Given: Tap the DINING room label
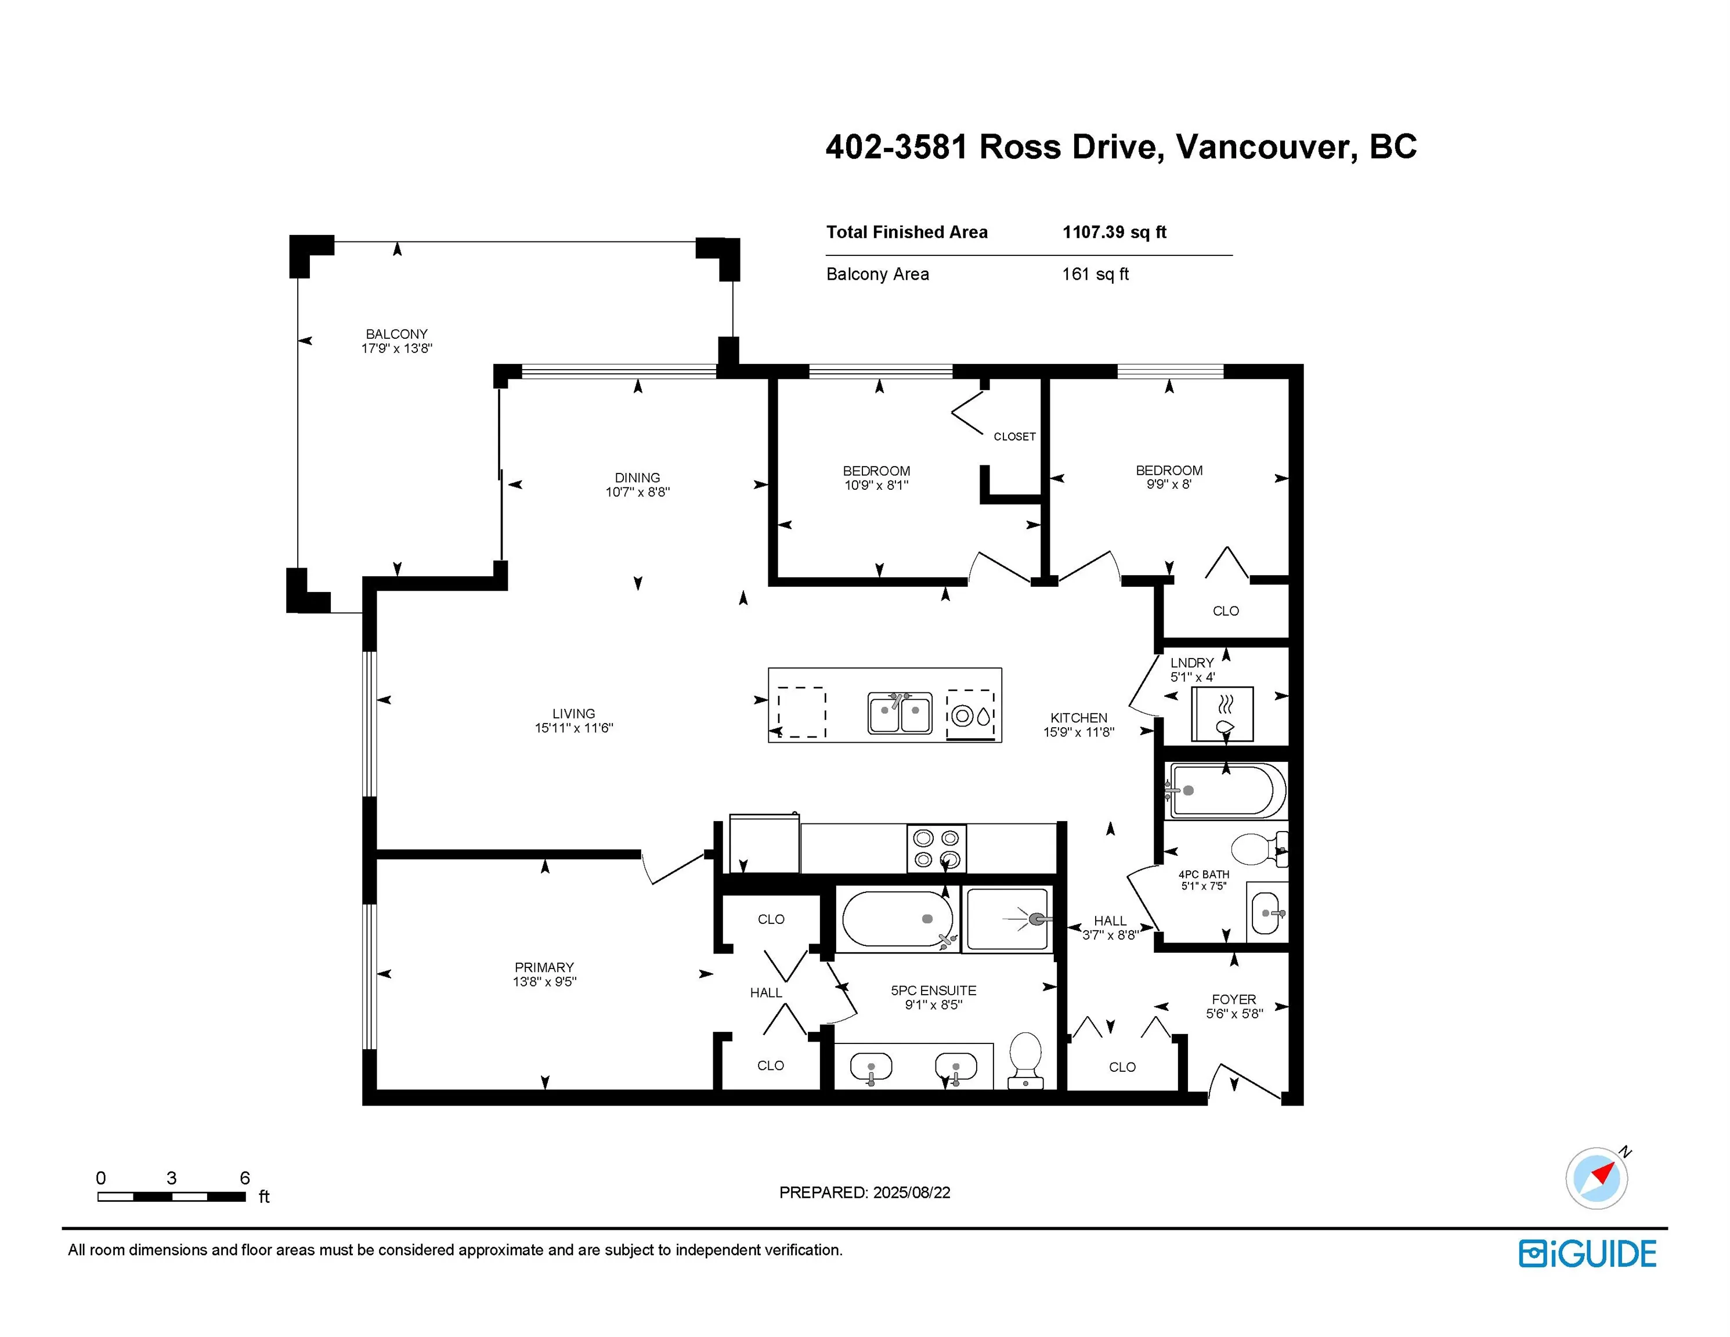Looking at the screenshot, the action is point(638,478).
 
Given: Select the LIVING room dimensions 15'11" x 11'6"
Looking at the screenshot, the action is point(573,728).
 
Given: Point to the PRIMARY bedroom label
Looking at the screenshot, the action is point(544,967).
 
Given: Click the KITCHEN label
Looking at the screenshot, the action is point(1079,718).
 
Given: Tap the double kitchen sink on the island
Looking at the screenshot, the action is point(900,713).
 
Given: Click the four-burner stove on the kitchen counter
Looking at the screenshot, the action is point(936,848).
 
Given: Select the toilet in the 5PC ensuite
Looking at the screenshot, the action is point(1027,1060).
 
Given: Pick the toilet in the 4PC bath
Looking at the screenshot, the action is point(1259,849).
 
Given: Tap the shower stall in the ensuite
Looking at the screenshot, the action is point(1007,919).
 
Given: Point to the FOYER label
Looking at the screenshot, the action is point(1234,1000).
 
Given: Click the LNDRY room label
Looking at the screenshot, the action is point(1192,663).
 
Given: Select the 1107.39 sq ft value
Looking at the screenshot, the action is point(1114,232).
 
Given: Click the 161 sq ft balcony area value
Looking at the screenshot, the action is point(1096,274).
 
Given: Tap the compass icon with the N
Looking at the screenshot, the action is point(1597,1178).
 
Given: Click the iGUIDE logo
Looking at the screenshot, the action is point(1587,1254).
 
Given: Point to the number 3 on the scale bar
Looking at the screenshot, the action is point(171,1178).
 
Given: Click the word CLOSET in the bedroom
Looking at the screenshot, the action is point(1014,436).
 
